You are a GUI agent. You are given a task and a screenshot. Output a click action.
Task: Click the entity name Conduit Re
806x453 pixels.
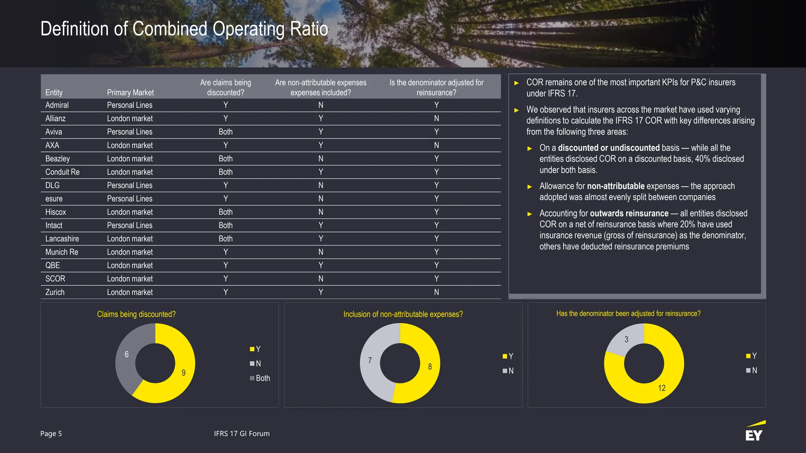tap(62, 172)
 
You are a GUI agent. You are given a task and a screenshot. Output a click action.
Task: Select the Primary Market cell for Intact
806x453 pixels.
tap(129, 226)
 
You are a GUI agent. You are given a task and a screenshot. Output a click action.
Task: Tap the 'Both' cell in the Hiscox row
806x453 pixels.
tap(226, 212)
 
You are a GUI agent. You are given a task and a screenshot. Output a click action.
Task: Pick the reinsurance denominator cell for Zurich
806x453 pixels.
tap(436, 292)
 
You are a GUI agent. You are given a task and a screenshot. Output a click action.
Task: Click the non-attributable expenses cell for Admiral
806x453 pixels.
tap(321, 105)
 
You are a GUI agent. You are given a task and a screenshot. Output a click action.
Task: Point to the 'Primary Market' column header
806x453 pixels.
tap(130, 92)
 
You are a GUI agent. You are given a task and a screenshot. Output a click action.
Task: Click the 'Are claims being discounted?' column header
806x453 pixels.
tap(226, 87)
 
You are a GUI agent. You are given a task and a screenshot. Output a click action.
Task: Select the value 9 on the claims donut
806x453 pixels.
tap(183, 373)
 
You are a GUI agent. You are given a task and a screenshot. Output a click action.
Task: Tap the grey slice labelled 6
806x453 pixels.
tap(127, 354)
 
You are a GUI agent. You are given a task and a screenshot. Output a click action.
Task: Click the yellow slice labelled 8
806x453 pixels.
tap(430, 366)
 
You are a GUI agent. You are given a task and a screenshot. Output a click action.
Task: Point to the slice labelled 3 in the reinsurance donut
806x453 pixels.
tap(626, 339)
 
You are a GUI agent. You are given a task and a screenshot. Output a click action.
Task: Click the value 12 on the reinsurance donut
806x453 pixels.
tap(662, 388)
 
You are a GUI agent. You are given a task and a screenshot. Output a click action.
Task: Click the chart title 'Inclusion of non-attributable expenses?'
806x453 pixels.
tap(403, 314)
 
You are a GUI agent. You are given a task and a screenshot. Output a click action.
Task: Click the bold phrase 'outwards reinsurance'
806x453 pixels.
tap(629, 213)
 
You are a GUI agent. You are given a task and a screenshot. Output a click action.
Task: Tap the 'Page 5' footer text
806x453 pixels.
tap(51, 433)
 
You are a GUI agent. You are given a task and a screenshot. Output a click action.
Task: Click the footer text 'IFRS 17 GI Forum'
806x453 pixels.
tap(242, 433)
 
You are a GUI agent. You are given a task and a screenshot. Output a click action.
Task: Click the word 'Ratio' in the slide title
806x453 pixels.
tap(309, 29)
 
